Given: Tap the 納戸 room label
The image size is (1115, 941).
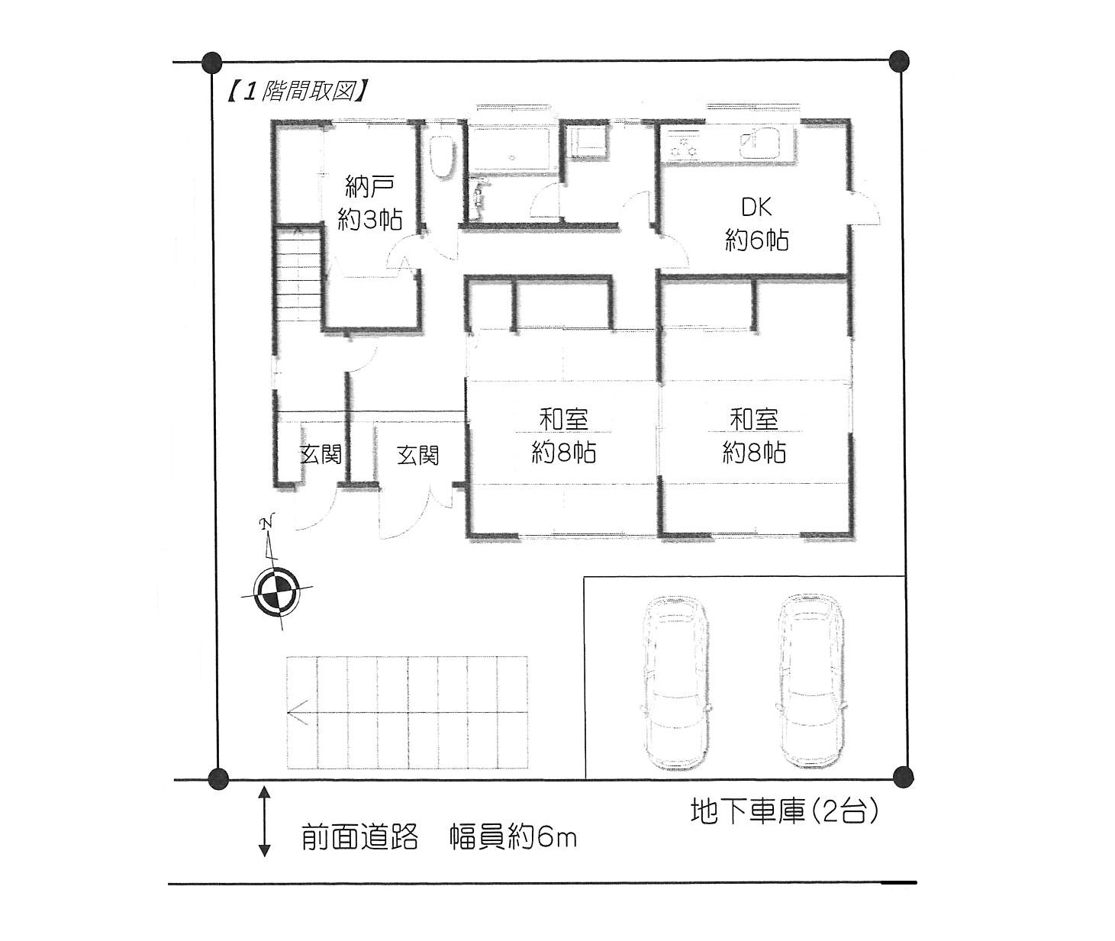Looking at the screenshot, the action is (x=369, y=186).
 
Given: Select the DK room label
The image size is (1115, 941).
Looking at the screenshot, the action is (x=756, y=208).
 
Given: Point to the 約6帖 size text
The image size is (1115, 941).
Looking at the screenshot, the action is (x=756, y=240).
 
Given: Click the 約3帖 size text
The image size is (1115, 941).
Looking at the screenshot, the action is (x=369, y=220).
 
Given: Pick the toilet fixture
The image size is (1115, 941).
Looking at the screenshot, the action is (x=442, y=157).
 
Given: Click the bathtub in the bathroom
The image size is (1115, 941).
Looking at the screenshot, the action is (x=511, y=148).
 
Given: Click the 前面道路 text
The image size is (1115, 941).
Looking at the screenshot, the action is (x=359, y=837).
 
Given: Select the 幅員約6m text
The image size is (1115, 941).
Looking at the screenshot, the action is (x=513, y=837).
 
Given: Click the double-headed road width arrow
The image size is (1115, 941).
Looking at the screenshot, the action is (x=264, y=821).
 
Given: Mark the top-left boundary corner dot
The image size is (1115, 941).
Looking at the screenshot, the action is (x=212, y=63).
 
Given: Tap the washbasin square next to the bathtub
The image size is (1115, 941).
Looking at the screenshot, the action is (x=588, y=141).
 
